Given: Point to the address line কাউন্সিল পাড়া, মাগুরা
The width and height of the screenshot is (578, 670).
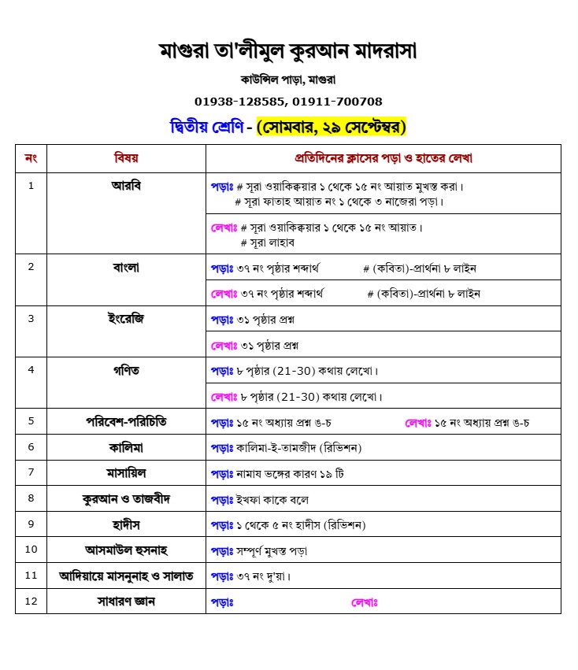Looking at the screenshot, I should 288,80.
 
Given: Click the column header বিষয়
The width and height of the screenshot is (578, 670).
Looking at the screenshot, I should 126,158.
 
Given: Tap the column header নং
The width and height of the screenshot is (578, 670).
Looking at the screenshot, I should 31,158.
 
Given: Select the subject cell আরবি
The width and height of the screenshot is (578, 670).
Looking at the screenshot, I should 126,186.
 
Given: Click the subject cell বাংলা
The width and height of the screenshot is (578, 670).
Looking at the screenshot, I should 126,267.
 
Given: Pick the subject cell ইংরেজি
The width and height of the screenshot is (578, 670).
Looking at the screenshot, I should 126,319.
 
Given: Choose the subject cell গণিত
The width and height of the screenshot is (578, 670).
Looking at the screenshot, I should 126,370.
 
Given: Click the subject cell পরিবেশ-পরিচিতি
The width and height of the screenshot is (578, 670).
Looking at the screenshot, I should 126,422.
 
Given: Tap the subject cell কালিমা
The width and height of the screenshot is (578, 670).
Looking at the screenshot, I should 126,447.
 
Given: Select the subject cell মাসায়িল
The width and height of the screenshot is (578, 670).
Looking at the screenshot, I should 126,473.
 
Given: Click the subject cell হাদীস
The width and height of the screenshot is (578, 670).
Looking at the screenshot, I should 126,524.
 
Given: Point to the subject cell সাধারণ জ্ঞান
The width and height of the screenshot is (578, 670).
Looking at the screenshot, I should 126,602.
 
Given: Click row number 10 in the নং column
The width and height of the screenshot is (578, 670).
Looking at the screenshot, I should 31,550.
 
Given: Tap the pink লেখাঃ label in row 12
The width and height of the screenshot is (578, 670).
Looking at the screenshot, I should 365,602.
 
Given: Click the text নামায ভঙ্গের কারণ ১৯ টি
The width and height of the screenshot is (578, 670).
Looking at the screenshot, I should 291,474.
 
